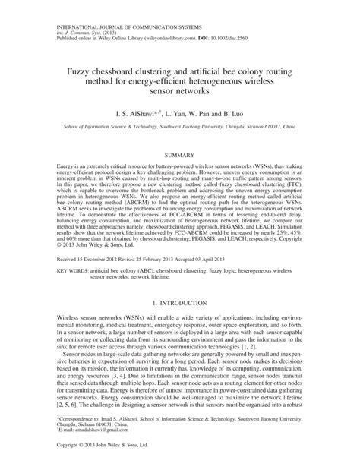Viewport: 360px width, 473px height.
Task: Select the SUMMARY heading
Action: click(x=179, y=154)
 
